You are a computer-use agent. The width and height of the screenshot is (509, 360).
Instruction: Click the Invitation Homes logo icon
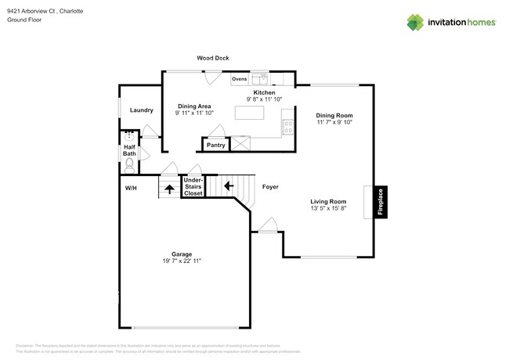[415, 23]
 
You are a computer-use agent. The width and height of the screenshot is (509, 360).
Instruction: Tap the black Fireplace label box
[381, 202]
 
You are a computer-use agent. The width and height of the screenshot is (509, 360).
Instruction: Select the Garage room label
[182, 254]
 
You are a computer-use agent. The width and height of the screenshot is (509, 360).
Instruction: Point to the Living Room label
[328, 201]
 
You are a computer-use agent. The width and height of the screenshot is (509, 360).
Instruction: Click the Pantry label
[216, 145]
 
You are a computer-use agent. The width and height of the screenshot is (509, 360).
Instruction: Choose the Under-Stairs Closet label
[193, 185]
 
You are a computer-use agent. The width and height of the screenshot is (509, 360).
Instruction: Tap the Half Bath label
[129, 149]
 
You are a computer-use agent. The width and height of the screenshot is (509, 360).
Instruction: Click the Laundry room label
[141, 110]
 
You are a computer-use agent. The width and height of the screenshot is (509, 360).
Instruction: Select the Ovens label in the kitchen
[240, 78]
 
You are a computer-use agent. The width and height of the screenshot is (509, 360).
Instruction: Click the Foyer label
[270, 187]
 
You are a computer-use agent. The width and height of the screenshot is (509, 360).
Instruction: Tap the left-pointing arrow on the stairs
[228, 185]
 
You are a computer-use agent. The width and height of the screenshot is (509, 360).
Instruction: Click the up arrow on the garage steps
[169, 189]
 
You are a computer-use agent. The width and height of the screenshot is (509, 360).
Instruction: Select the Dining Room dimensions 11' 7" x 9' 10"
[334, 122]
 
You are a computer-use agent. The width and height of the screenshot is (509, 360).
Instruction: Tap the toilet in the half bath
[130, 165]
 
